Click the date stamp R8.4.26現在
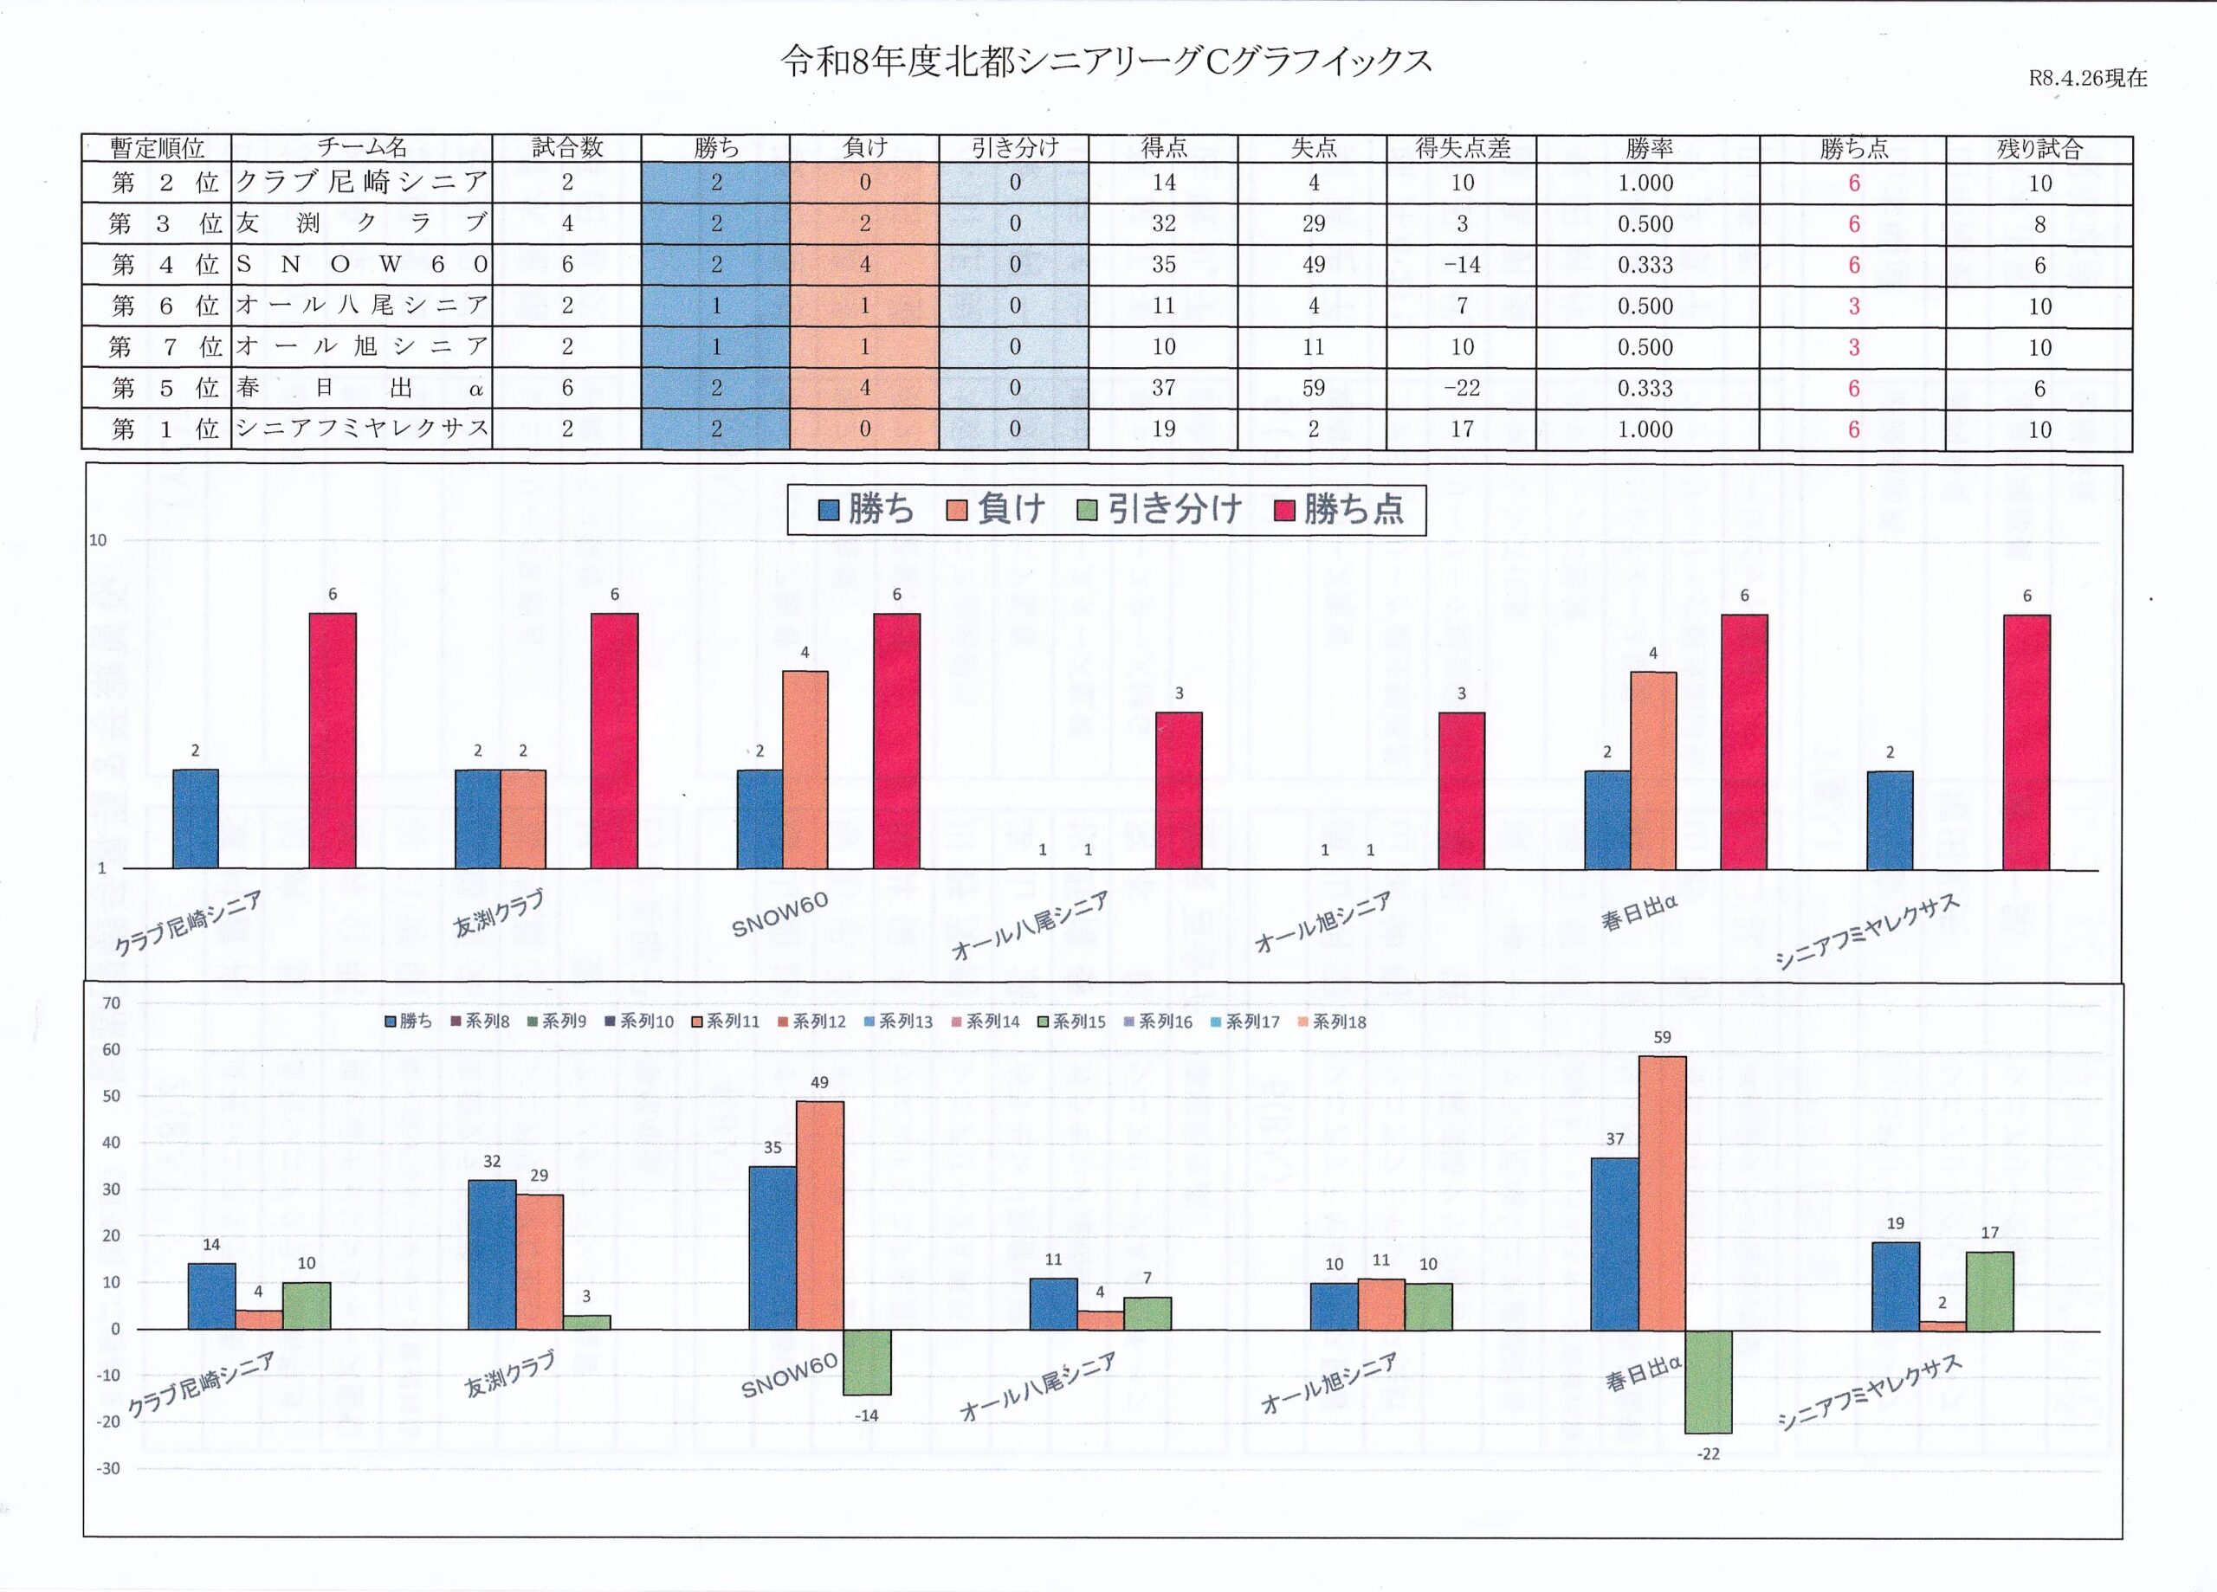point(2088,78)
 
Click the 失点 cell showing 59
point(1313,388)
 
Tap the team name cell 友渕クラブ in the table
point(362,224)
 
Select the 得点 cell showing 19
point(1163,429)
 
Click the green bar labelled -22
point(1709,1381)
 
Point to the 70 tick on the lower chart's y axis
point(112,1002)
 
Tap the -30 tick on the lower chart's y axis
point(108,1468)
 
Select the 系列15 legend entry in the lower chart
point(1071,1022)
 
